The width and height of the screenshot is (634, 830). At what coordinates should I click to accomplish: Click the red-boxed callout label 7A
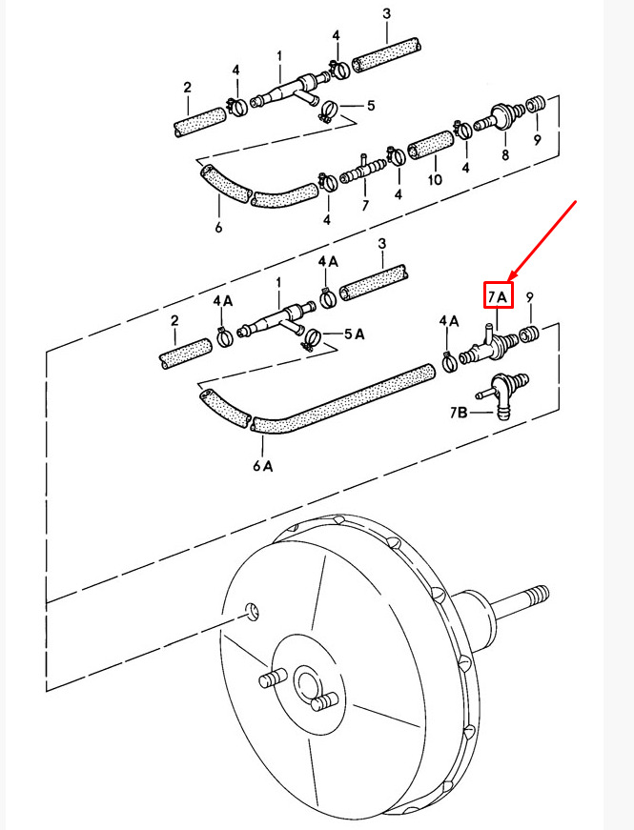[498, 297]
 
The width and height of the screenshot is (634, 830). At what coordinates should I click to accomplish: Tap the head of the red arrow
[509, 279]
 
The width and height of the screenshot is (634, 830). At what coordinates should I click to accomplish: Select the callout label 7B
[459, 412]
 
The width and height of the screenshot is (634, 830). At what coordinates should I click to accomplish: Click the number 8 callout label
[505, 154]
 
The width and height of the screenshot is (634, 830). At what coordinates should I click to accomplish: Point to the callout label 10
[435, 180]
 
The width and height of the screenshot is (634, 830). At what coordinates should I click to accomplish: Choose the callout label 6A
[263, 465]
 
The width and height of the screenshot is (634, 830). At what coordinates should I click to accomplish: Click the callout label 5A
[355, 334]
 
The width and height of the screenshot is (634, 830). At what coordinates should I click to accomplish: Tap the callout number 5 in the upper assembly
[370, 106]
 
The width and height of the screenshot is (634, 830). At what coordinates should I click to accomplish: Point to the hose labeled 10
[430, 145]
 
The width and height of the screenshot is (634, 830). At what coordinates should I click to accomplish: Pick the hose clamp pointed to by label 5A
[313, 339]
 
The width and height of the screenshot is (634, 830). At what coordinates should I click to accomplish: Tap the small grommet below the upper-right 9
[535, 103]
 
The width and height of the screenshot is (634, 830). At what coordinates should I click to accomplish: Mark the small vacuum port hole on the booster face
[252, 612]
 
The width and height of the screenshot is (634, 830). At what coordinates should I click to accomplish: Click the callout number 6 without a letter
[218, 227]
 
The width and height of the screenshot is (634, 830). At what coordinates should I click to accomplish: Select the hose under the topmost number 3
[387, 55]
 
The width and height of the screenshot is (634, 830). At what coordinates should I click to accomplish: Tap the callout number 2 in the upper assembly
[187, 88]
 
